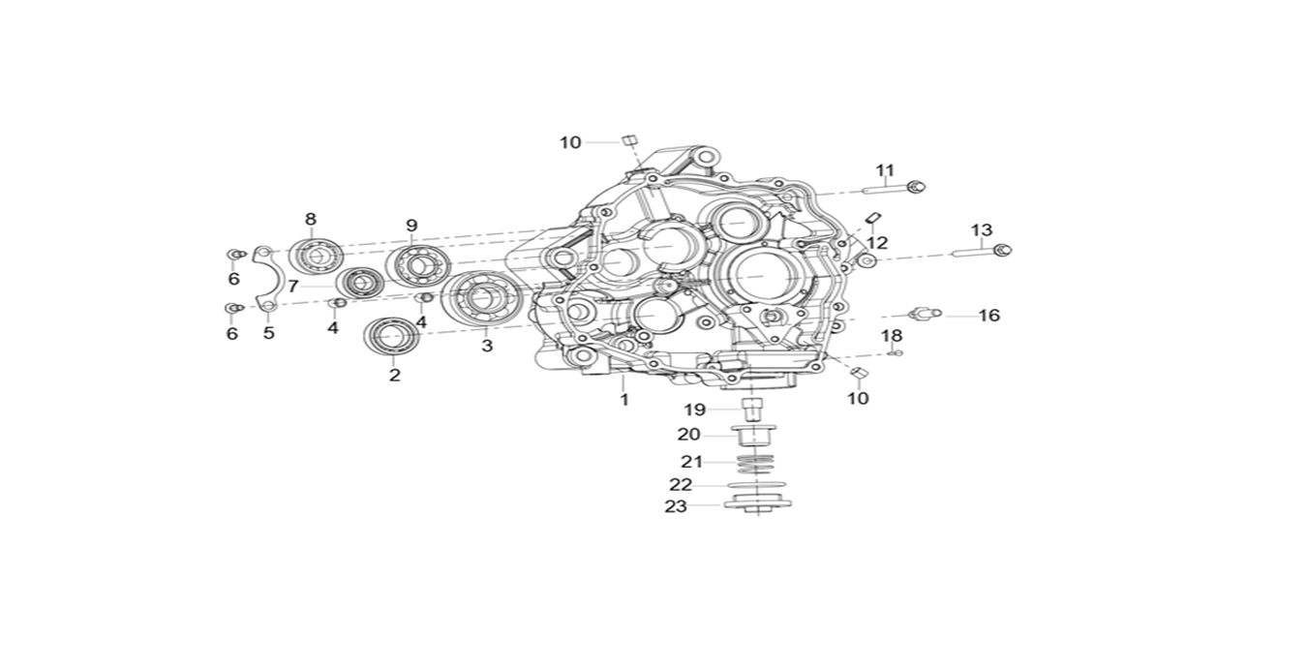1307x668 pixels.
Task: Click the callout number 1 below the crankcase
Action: (624, 399)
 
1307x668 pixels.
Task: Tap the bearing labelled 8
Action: (314, 256)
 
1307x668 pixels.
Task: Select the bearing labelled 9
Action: (413, 264)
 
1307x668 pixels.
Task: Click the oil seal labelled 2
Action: (392, 336)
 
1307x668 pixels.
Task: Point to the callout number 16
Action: (988, 316)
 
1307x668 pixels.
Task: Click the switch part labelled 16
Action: (924, 314)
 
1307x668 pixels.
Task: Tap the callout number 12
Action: (877, 242)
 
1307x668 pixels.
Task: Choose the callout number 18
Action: (892, 335)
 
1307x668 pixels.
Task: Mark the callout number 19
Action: (695, 410)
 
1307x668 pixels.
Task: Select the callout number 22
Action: (682, 484)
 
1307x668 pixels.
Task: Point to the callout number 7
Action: (292, 287)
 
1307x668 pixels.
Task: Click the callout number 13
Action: (982, 230)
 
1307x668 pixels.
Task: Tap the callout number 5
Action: (269, 333)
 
